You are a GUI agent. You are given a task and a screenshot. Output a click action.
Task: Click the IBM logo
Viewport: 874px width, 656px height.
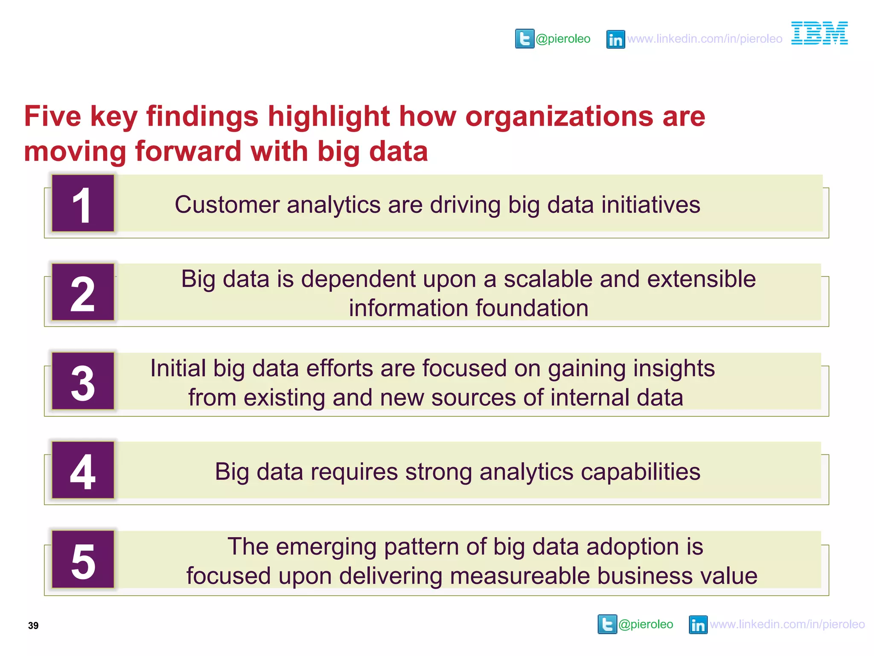(x=819, y=33)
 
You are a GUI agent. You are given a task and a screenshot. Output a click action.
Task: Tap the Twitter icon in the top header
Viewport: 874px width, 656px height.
(x=524, y=39)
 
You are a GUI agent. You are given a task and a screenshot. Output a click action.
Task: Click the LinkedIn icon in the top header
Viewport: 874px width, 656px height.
(x=615, y=39)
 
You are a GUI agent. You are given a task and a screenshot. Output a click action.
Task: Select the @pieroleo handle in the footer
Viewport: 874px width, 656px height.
(x=646, y=624)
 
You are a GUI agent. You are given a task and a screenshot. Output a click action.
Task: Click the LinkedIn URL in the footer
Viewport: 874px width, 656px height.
(x=787, y=624)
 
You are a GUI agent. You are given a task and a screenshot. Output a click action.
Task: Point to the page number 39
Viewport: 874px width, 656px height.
(x=33, y=626)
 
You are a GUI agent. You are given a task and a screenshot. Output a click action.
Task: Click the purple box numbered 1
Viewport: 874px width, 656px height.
(x=83, y=203)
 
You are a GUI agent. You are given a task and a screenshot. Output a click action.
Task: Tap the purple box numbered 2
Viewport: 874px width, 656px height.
(x=83, y=292)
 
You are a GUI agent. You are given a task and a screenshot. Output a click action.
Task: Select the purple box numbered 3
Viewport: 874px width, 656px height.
(x=83, y=381)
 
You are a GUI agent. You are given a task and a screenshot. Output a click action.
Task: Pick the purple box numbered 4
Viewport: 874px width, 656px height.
(x=83, y=470)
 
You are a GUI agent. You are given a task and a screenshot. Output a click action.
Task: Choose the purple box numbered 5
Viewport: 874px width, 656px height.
(x=83, y=559)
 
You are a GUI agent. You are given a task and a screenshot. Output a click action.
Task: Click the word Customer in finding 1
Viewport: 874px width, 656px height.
(x=227, y=205)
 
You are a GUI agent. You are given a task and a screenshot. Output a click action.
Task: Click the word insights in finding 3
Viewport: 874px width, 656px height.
(x=674, y=369)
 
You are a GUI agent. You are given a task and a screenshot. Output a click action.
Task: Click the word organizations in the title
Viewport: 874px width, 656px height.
(x=559, y=116)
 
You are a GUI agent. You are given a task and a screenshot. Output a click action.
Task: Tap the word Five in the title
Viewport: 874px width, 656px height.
(x=52, y=116)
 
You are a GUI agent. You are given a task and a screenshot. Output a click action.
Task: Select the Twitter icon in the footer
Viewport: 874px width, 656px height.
(x=607, y=624)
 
